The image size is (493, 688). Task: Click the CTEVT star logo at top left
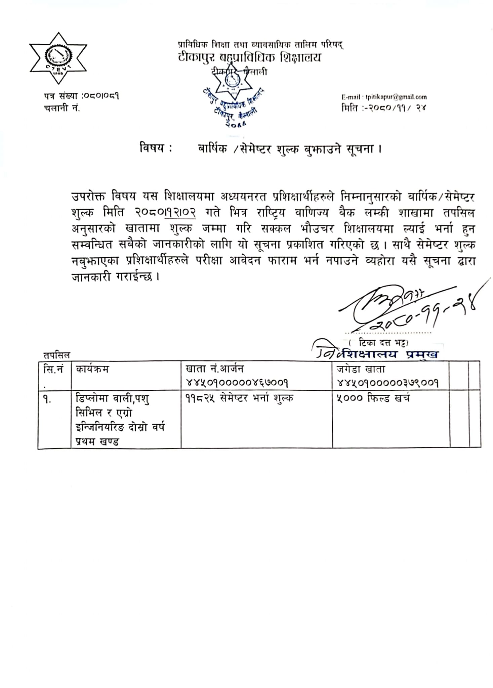pyautogui.click(x=58, y=58)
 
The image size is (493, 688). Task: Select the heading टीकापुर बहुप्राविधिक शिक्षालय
pyautogui.click(x=249, y=57)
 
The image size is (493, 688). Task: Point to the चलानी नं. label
pyautogui.click(x=62, y=108)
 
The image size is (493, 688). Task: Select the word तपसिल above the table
pyautogui.click(x=57, y=355)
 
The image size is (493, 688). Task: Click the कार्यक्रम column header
pyautogui.click(x=92, y=369)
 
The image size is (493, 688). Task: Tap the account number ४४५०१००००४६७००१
pyautogui.click(x=237, y=383)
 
